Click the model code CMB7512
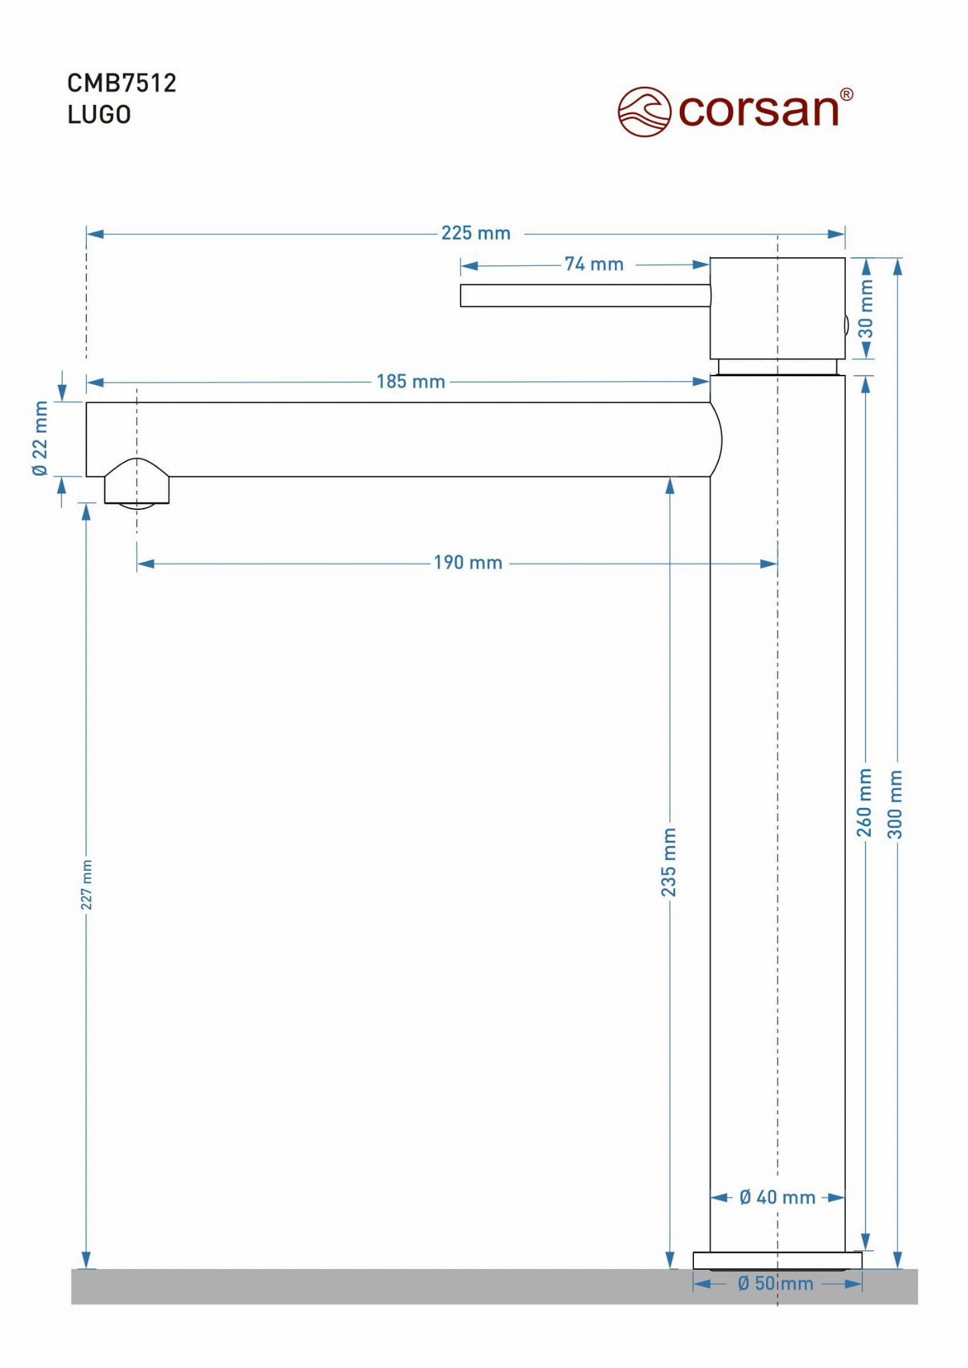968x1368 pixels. [122, 84]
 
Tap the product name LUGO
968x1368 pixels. [99, 115]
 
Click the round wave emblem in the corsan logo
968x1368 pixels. [644, 112]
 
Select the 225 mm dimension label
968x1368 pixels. [475, 233]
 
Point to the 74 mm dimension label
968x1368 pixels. [594, 265]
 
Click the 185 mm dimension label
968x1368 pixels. [410, 382]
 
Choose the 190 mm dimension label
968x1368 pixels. [468, 563]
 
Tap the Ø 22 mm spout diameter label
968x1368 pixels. [41, 438]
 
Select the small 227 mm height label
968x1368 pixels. [87, 885]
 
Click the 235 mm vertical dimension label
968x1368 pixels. [669, 862]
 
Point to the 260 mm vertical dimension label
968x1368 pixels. [864, 802]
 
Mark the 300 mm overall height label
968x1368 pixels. [895, 804]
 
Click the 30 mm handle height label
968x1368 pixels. [866, 309]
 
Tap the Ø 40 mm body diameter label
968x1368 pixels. [777, 1198]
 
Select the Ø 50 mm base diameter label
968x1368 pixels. [775, 1284]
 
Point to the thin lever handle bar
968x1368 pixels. [585, 295]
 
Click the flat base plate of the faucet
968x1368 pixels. [777, 1260]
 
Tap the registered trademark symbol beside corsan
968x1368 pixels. [846, 95]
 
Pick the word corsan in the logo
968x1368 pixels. [758, 110]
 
